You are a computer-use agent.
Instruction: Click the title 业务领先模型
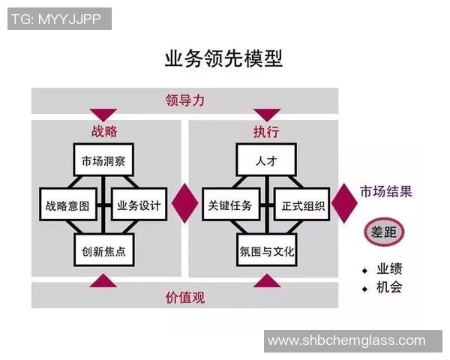tap(223, 59)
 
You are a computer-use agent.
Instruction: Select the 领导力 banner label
tap(184, 99)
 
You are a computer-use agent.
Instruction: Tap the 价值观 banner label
tap(184, 296)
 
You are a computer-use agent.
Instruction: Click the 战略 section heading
tap(103, 131)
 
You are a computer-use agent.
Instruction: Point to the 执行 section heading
tap(265, 131)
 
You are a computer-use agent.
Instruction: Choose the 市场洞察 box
tap(103, 160)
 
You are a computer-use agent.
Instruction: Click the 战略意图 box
tap(68, 205)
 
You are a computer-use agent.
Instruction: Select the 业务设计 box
tap(139, 205)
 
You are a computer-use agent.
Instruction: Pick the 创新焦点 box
tap(103, 250)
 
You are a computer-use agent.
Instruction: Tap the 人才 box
tap(265, 160)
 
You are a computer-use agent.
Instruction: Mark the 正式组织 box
tap(302, 205)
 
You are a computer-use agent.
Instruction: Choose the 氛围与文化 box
tap(265, 250)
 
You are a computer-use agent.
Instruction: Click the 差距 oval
tap(383, 232)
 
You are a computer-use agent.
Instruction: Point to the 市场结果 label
tap(385, 190)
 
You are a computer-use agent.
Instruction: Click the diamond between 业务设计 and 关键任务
tap(184, 202)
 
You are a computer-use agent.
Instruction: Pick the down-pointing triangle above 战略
tap(103, 115)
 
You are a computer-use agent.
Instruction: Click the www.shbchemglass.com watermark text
tap(346, 341)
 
